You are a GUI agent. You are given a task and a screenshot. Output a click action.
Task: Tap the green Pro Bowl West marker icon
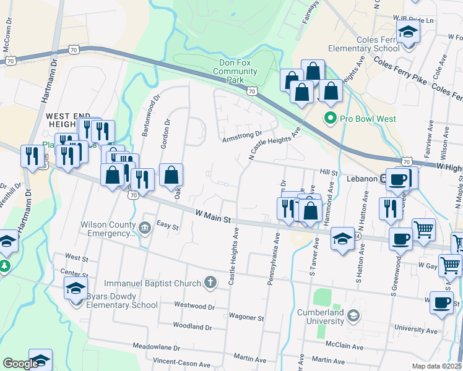click(x=330, y=117)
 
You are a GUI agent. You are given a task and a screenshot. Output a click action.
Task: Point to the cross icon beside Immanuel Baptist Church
click(x=210, y=283)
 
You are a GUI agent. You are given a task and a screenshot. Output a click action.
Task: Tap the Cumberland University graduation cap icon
click(x=353, y=317)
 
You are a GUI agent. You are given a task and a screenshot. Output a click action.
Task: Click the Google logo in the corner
click(x=20, y=364)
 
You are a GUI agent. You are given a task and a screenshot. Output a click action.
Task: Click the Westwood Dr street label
click(x=194, y=305)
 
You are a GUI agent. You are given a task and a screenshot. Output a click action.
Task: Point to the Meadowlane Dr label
click(x=158, y=347)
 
